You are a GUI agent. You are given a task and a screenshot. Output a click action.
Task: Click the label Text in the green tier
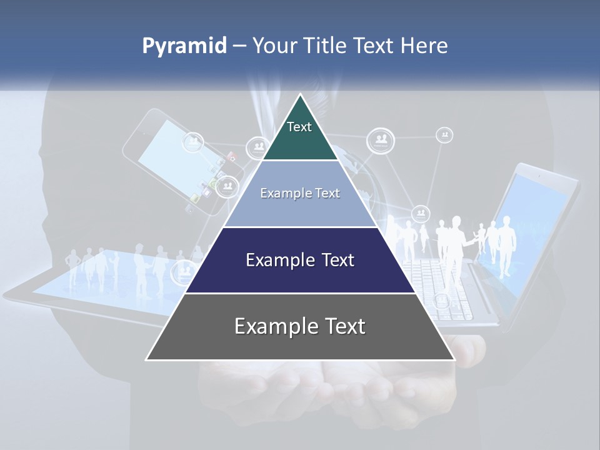299,127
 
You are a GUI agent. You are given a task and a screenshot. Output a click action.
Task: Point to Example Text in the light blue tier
300,193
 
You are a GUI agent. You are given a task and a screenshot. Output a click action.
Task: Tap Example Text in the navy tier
300,260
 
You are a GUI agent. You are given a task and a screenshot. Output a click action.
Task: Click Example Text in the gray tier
300,326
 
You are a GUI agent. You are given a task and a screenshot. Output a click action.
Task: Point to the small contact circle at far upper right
444,134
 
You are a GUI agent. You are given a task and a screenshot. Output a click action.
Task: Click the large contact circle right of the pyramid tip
380,141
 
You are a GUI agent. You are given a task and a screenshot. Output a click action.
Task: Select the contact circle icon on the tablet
184,272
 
